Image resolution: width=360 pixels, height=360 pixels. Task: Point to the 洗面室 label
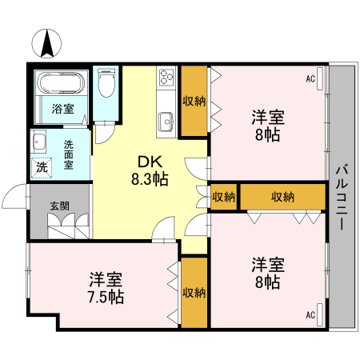pos(69,154)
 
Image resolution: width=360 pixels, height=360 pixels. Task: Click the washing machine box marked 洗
pos(41,168)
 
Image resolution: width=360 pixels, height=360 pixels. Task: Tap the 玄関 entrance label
pos(59,205)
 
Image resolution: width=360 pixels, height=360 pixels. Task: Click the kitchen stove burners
pos(167,78)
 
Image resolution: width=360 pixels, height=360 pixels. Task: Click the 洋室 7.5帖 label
pos(106,288)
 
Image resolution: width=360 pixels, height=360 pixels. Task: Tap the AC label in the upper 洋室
pos(310,78)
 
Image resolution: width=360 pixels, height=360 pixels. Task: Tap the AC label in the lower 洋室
pos(310,315)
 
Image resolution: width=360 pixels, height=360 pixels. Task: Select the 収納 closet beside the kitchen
pos(194,101)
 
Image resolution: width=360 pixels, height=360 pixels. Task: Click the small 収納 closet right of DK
pos(224,197)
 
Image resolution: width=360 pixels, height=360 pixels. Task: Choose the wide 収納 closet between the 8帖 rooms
pos(282,197)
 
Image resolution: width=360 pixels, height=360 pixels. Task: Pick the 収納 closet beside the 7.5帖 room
pos(194,292)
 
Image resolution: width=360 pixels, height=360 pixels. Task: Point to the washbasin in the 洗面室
pos(38,142)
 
